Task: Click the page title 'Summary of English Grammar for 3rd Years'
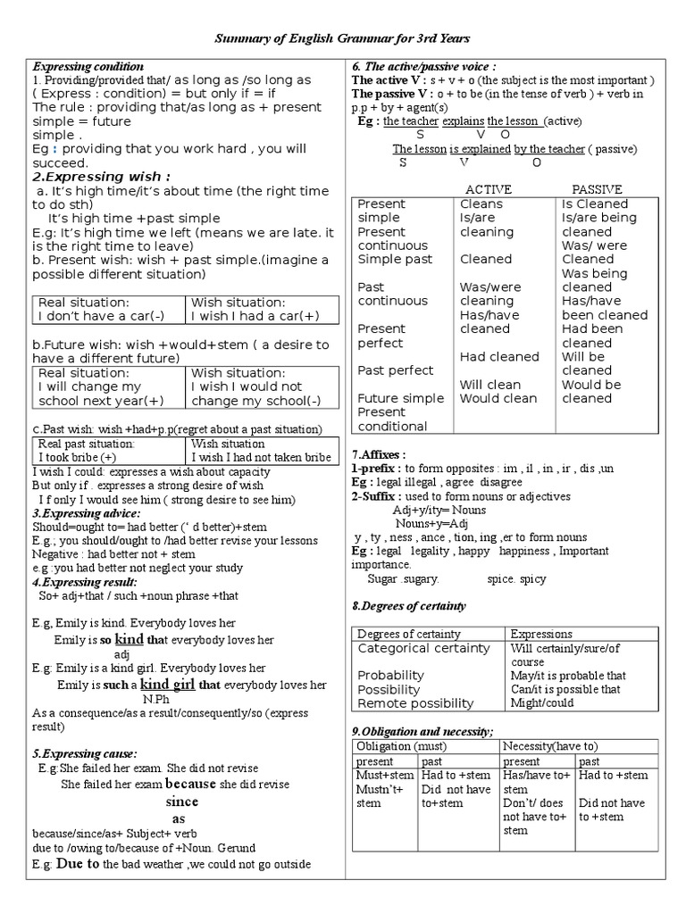pos(342,38)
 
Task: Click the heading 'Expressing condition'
pos(88,67)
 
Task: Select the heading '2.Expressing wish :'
pos(102,176)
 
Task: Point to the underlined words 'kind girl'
pos(169,684)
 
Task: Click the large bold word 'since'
pos(179,802)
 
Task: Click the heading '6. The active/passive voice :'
pos(424,67)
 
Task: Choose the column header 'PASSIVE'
pos(597,189)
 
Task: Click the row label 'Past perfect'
pos(395,370)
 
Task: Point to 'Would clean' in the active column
pos(498,398)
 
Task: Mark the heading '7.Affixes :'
pos(379,454)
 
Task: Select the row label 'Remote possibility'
pos(415,704)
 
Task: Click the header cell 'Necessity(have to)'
pos(550,745)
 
